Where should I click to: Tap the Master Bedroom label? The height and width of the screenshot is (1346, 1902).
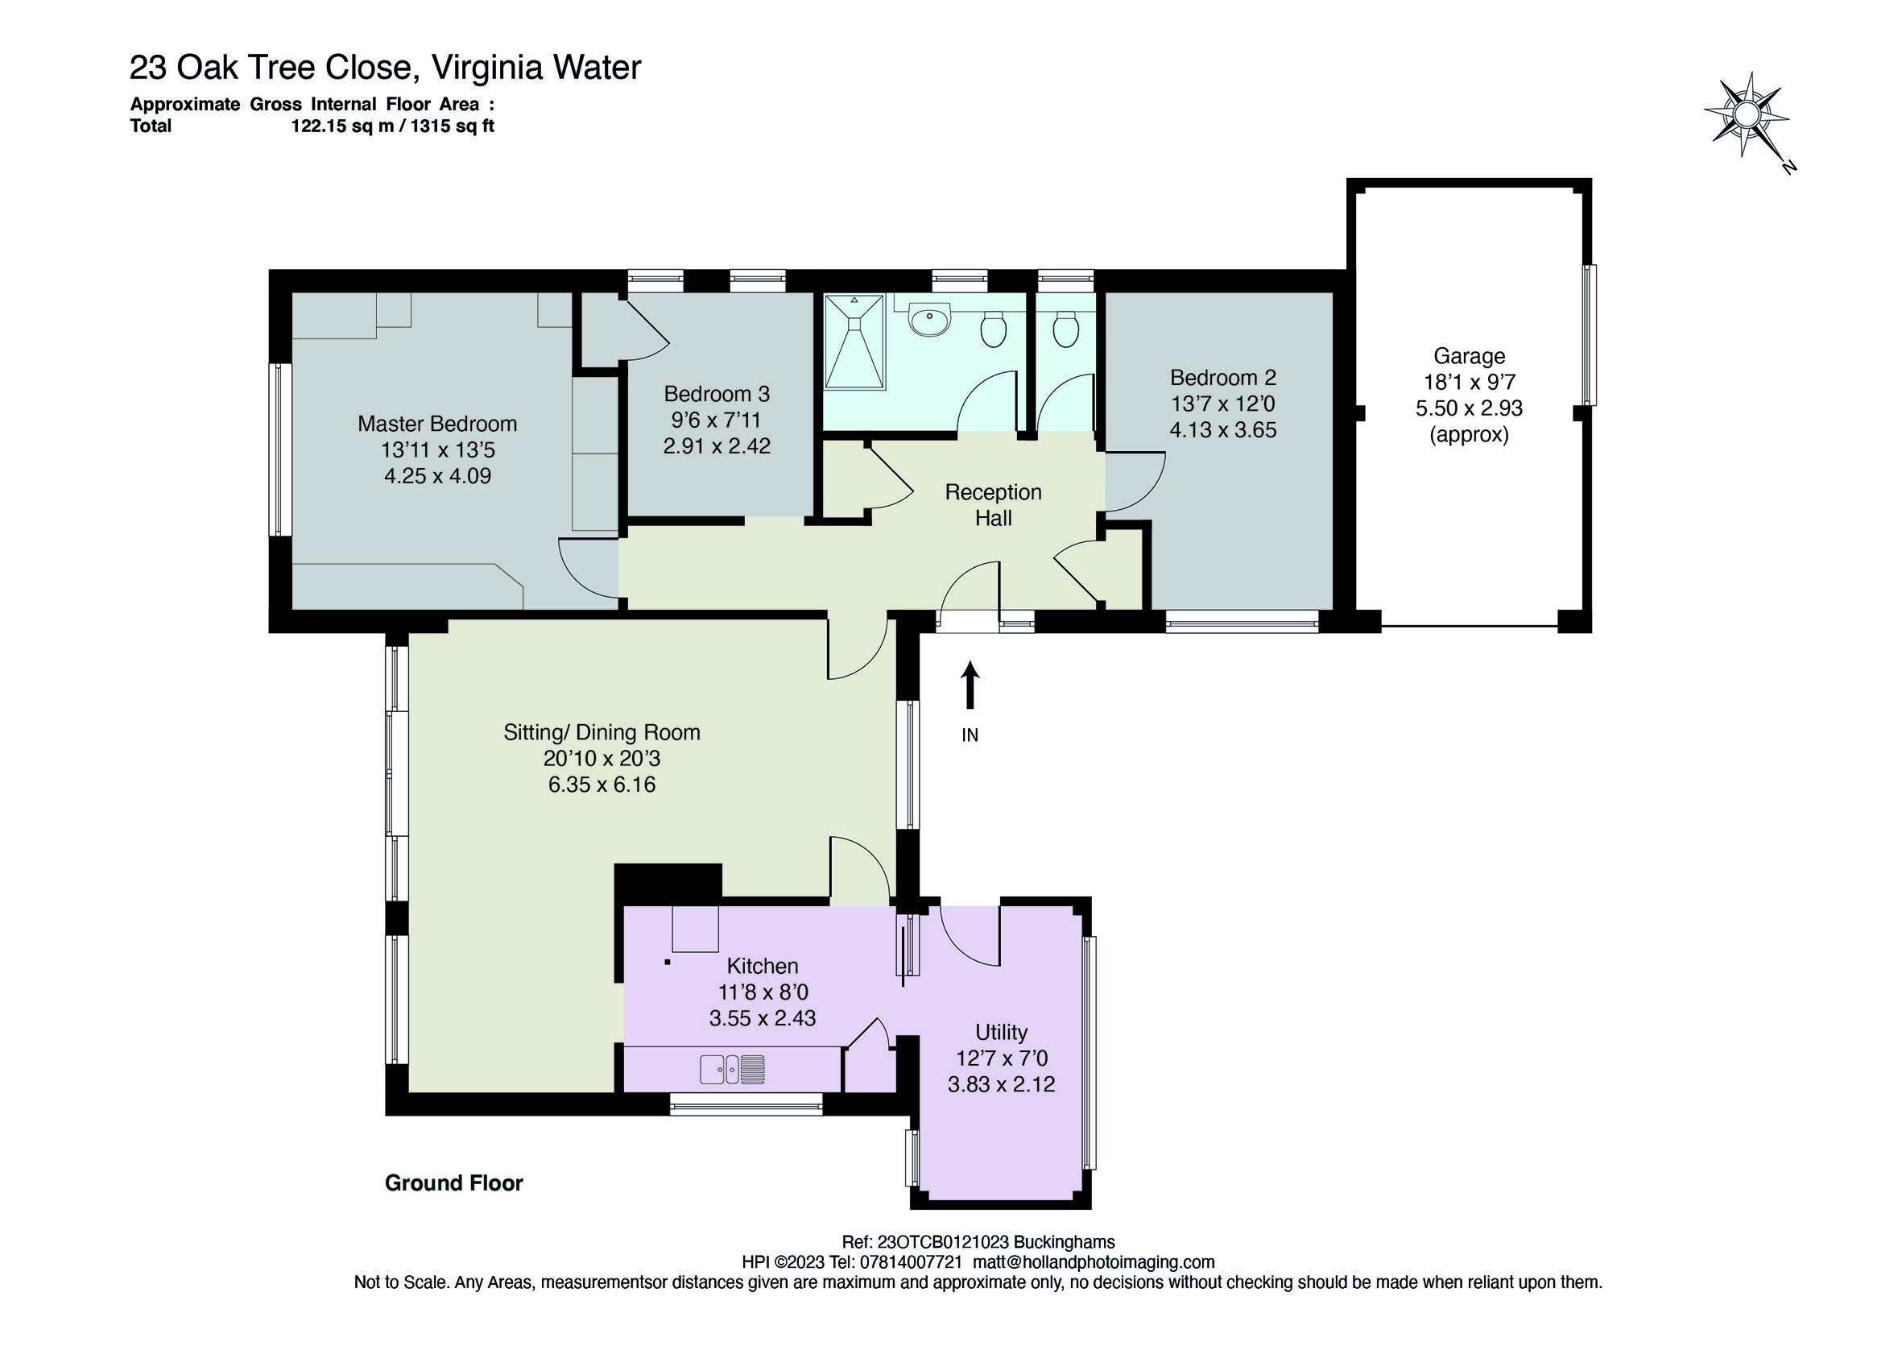(x=437, y=424)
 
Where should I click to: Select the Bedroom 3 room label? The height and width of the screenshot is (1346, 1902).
(x=717, y=394)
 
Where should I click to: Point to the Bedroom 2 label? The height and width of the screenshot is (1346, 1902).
(x=1222, y=378)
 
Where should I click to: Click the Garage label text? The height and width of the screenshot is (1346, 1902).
(x=1469, y=356)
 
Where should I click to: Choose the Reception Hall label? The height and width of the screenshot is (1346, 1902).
(x=993, y=505)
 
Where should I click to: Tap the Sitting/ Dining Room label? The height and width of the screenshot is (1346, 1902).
(x=602, y=733)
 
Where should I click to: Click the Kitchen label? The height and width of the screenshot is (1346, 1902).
(x=762, y=966)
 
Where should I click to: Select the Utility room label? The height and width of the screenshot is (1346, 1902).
(x=1001, y=1032)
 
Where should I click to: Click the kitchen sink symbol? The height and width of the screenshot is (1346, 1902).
(x=732, y=1069)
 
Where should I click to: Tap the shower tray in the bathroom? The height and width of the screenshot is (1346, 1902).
(x=854, y=341)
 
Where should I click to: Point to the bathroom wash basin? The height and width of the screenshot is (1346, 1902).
(x=930, y=320)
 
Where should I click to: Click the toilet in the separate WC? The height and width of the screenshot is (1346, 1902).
(x=1065, y=329)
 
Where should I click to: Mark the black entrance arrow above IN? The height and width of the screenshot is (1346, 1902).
(x=970, y=685)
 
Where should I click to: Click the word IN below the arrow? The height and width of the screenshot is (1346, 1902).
(x=970, y=735)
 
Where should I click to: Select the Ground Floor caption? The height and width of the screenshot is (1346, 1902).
(x=454, y=1182)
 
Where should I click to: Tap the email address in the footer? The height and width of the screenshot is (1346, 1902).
(x=1094, y=1262)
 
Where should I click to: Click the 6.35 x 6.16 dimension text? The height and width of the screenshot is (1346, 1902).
(x=602, y=784)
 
